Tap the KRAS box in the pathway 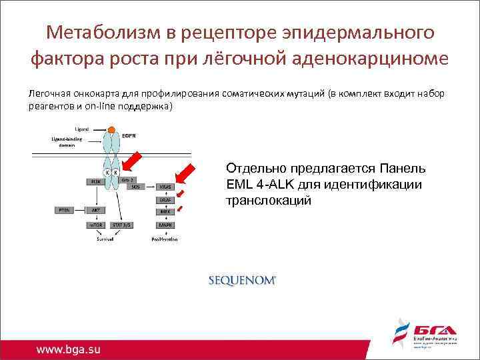164,187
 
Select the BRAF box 164,200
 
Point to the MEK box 164,212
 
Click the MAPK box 164,225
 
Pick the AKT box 96,209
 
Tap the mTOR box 96,225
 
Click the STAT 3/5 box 123,225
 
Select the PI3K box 96,181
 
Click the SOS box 135,187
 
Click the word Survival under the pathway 107,238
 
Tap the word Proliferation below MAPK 164,238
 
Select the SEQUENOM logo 242,281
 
